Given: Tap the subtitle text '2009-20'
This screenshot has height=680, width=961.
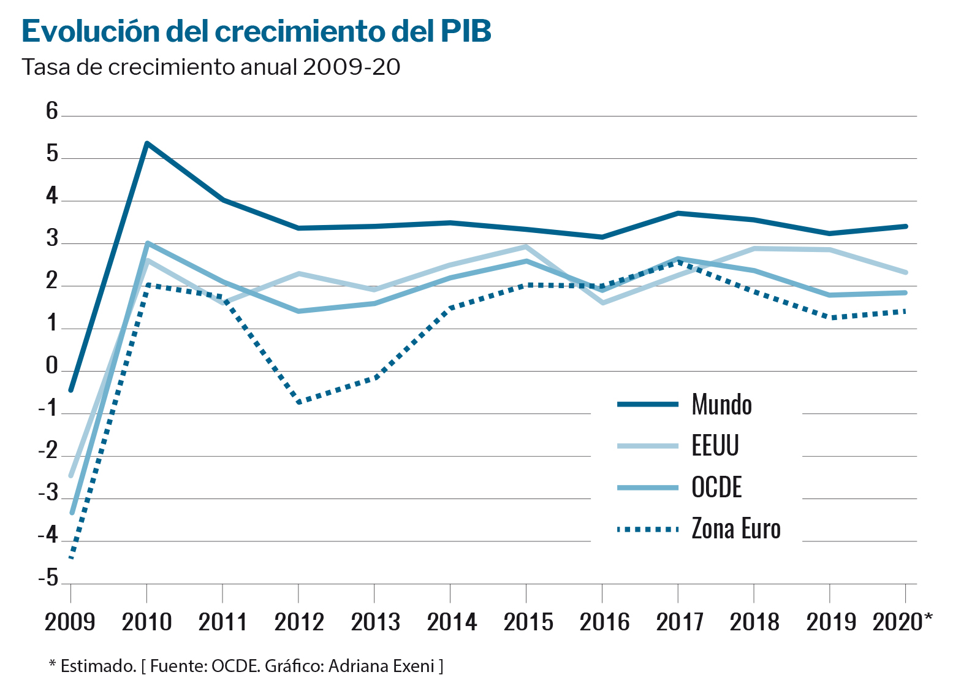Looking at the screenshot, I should (351, 67).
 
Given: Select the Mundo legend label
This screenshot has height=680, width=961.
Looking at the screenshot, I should (721, 405).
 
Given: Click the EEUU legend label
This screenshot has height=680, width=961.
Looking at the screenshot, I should (715, 446).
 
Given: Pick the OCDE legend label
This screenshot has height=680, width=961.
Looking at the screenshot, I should (716, 487).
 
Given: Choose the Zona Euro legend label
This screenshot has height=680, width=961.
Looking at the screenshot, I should (736, 529).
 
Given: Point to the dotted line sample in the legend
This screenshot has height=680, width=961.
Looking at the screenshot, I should (647, 529).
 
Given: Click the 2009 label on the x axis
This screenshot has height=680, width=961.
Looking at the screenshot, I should (70, 622).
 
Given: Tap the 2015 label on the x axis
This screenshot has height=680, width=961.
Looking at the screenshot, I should (528, 622).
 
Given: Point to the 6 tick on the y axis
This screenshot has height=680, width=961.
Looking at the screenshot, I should (52, 112).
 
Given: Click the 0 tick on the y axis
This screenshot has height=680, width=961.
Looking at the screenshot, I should (52, 367).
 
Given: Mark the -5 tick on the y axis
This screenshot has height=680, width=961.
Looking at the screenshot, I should (48, 579).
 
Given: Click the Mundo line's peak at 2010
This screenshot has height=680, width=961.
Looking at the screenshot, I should (146, 143).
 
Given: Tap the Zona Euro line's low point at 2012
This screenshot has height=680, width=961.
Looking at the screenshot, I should (298, 402).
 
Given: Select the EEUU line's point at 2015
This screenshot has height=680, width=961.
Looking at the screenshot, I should (526, 247).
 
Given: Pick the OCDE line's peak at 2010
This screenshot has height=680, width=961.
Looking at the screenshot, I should (147, 243).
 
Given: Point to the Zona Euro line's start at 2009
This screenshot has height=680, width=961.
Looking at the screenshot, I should (71, 557).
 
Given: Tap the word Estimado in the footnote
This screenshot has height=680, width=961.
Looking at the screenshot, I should (98, 666).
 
